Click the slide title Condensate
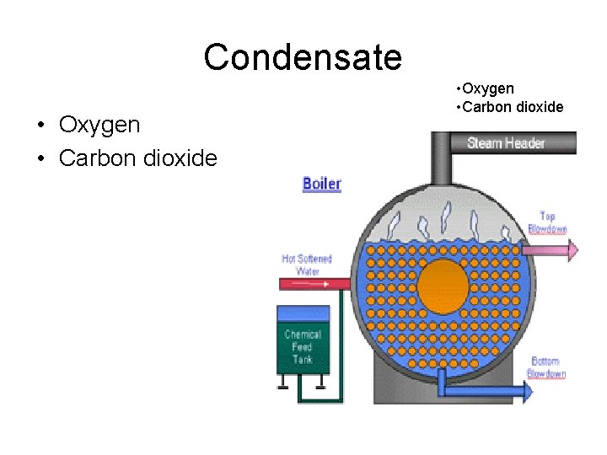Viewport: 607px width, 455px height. coord(303,58)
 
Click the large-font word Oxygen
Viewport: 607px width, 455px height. coord(99,126)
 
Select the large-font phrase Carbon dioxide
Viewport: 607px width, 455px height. coord(137,158)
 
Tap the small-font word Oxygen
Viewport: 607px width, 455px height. coord(487,88)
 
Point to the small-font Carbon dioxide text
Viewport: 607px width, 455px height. coord(512,107)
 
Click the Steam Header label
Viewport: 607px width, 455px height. coord(506,142)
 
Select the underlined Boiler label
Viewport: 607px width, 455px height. coord(322,184)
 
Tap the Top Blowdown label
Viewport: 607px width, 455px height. coord(547,222)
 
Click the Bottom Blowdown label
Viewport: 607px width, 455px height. coord(546,367)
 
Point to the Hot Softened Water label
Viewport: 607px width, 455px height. coord(307,265)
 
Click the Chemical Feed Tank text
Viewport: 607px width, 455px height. coord(302,346)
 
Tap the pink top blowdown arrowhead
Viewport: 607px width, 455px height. coord(574,249)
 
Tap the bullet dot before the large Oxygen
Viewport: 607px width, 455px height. coord(40,126)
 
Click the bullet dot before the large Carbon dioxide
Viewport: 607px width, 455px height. coord(40,158)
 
